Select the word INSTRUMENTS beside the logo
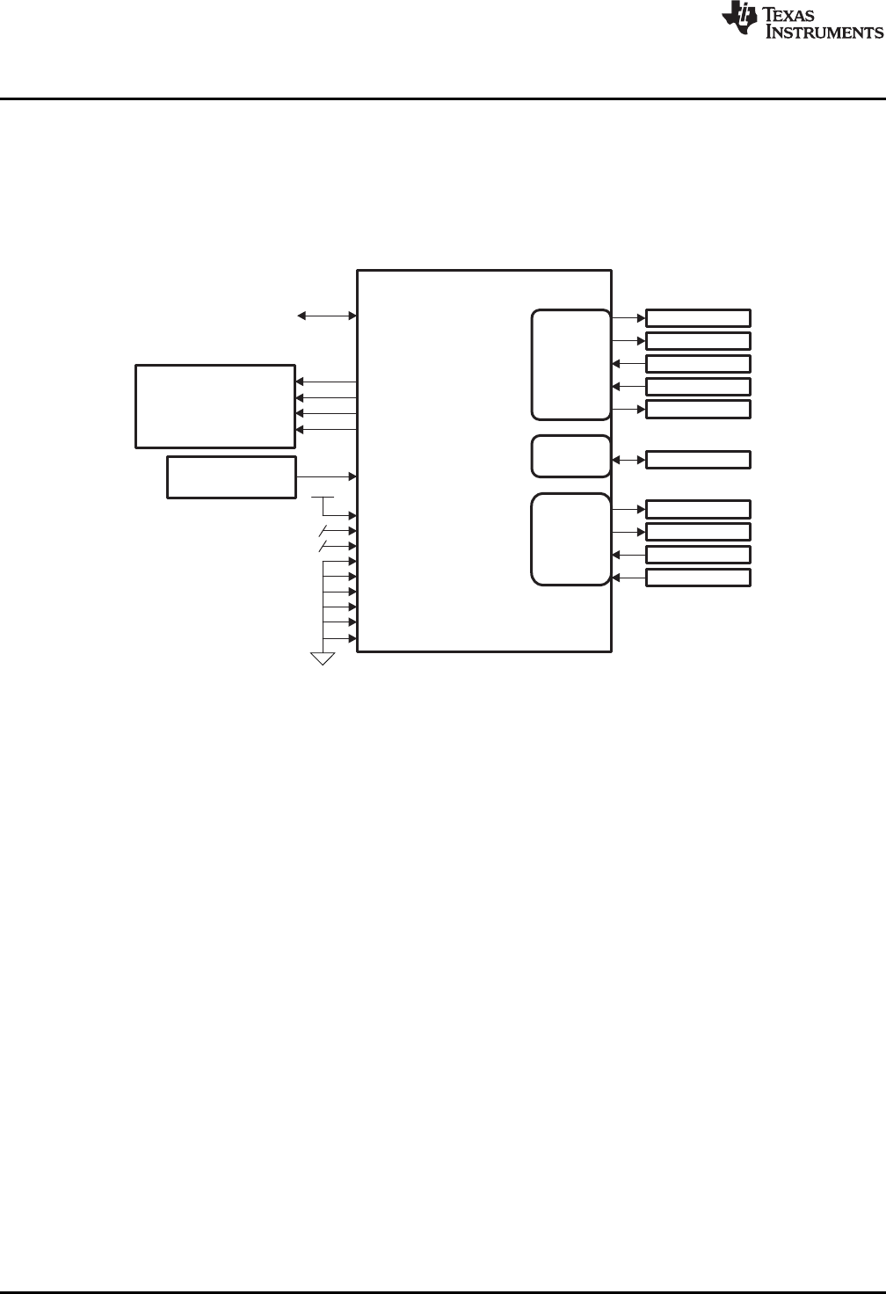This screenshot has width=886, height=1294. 825,32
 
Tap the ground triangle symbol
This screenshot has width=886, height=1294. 323,658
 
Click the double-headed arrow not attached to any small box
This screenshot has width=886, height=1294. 326,315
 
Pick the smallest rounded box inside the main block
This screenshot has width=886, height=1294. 570,456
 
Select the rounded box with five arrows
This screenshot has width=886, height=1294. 570,364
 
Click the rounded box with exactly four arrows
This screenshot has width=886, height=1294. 570,539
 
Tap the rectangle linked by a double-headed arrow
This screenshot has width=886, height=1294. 698,460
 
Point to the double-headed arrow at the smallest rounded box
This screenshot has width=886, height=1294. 628,460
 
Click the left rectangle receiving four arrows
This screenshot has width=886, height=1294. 214,406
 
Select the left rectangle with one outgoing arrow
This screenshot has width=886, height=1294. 231,477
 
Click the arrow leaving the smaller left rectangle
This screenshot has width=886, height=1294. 326,476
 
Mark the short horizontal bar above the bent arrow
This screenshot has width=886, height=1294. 323,497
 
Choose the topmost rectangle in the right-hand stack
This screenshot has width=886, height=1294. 698,318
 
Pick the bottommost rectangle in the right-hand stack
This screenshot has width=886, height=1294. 698,578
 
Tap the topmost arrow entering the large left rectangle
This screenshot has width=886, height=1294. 326,382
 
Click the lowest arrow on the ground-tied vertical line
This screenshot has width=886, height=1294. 340,638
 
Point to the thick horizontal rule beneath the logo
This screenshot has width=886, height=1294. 443,98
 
